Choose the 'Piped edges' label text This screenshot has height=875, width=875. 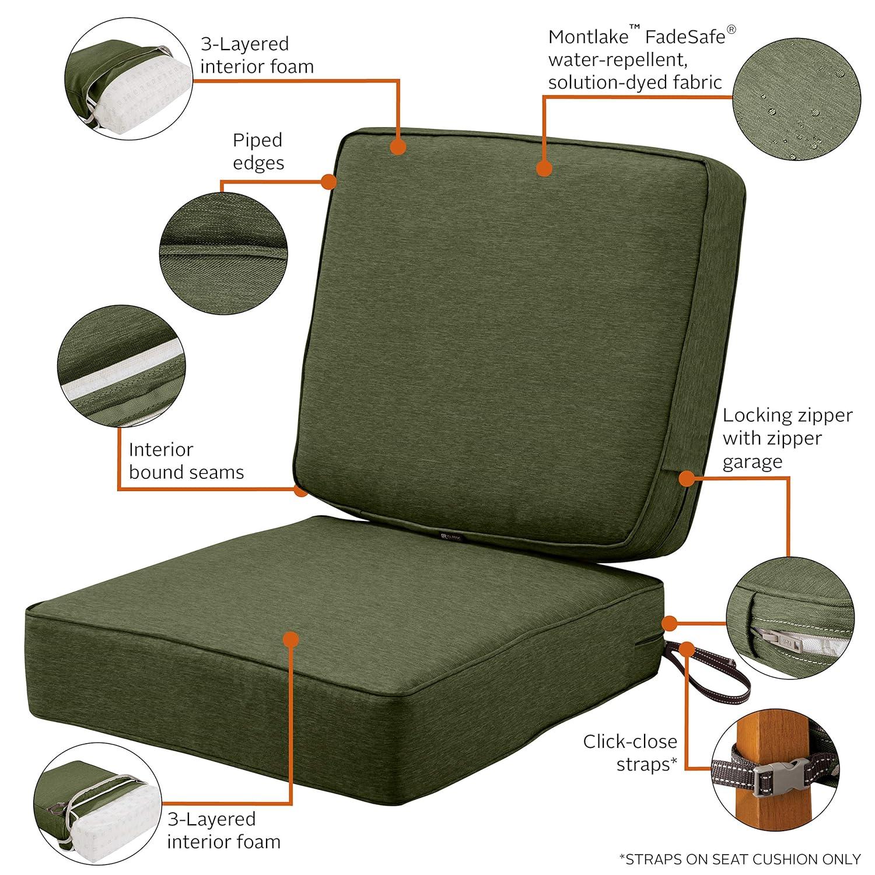click(258, 151)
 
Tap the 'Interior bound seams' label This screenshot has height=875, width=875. click(186, 460)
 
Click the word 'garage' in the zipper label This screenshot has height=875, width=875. click(752, 461)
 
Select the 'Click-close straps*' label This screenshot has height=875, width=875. click(630, 752)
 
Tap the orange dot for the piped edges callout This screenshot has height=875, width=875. click(329, 181)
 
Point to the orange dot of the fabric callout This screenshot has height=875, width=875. click(544, 169)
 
